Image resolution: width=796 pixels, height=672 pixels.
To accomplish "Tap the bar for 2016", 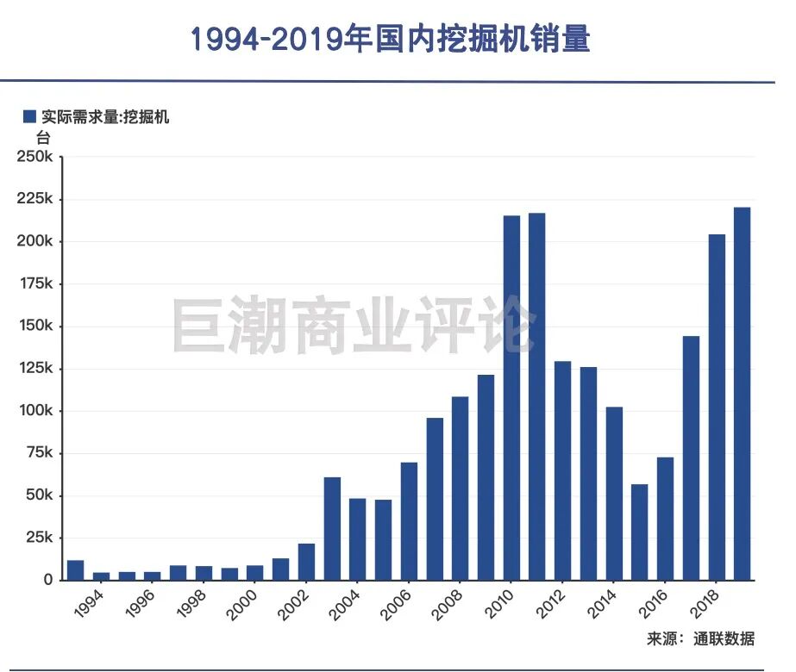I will pos(665,518).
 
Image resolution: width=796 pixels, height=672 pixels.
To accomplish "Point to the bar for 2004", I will pos(357,538).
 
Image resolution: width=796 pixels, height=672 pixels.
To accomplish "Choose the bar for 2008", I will pos(461,488).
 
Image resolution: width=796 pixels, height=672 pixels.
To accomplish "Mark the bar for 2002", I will pos(306,561).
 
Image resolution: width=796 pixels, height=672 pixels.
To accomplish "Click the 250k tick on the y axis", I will pos(35,157).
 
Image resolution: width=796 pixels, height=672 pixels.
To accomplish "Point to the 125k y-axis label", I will pos(35,368).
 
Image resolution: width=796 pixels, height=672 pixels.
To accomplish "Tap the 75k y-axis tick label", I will pos(39,453).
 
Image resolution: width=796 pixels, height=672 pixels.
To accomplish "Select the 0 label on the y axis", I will pos(48,580).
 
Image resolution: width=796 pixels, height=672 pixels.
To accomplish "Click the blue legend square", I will pos(29,117).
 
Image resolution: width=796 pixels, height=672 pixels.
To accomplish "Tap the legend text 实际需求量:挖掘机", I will pos(104,117).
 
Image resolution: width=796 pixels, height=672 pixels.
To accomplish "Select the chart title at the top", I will pos(390,40).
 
